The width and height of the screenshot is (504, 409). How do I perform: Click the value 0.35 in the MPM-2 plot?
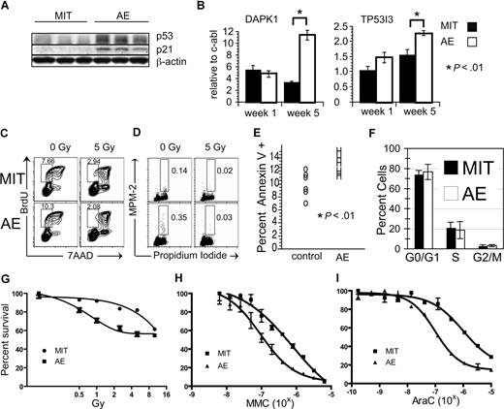177,220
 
